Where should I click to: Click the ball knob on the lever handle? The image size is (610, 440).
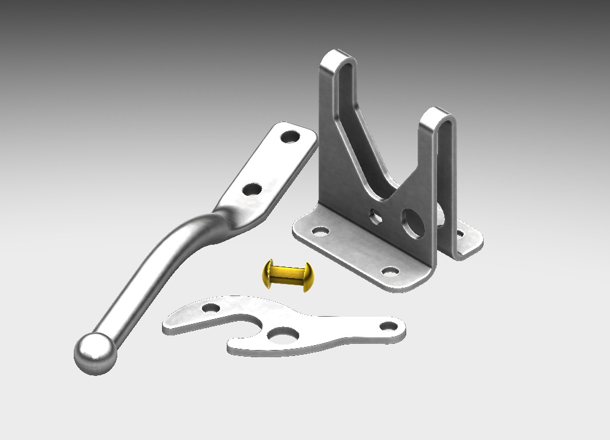(95, 353)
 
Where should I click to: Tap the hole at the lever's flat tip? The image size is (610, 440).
(291, 137)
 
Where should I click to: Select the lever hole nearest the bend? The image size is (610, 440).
(251, 189)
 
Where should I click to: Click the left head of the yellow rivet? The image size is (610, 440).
(268, 273)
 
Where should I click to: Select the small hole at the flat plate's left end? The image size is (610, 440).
(210, 308)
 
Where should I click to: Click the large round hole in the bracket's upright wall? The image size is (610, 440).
(412, 222)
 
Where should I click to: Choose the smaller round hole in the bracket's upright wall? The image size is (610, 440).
(376, 215)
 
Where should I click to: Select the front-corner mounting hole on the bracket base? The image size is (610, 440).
(391, 271)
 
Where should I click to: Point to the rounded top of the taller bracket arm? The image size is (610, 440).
(337, 57)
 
